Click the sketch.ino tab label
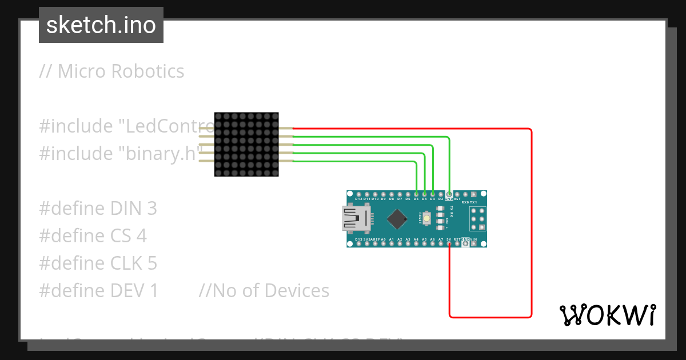tap(101, 25)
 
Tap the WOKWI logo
tap(607, 315)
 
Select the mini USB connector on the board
tap(356, 219)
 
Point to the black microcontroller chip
tap(397, 218)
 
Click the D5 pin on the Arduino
tap(416, 194)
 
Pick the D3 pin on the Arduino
tap(433, 194)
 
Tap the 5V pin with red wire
tap(449, 244)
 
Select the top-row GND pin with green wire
tap(449, 194)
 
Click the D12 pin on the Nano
tap(358, 194)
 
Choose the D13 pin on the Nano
tap(358, 244)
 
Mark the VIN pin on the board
tap(474, 244)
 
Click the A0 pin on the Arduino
tap(384, 244)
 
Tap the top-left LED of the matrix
tap(219, 117)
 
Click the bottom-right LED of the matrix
tap(274, 172)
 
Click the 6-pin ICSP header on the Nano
tap(477, 218)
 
